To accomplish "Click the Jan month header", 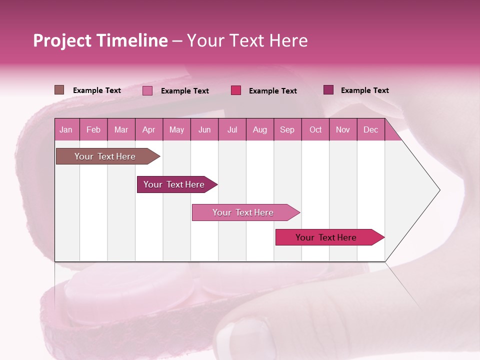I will coord(66,129).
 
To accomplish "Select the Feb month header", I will coord(93,129).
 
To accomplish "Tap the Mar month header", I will coord(121,129).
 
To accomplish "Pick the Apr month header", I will coord(149,129).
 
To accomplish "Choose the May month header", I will coord(176,129).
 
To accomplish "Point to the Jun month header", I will coord(204,129).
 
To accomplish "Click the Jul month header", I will coord(232,129).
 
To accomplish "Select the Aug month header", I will coord(260,129).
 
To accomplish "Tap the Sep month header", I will coord(287,129).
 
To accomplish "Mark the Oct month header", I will coord(315,129).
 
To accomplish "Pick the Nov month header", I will coord(343,129).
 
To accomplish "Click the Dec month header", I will coord(371,129).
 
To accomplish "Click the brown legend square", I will coord(59,90).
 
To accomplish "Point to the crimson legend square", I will coord(236,90).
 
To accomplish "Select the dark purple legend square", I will coord(328,90).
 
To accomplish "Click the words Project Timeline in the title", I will coord(100,40).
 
